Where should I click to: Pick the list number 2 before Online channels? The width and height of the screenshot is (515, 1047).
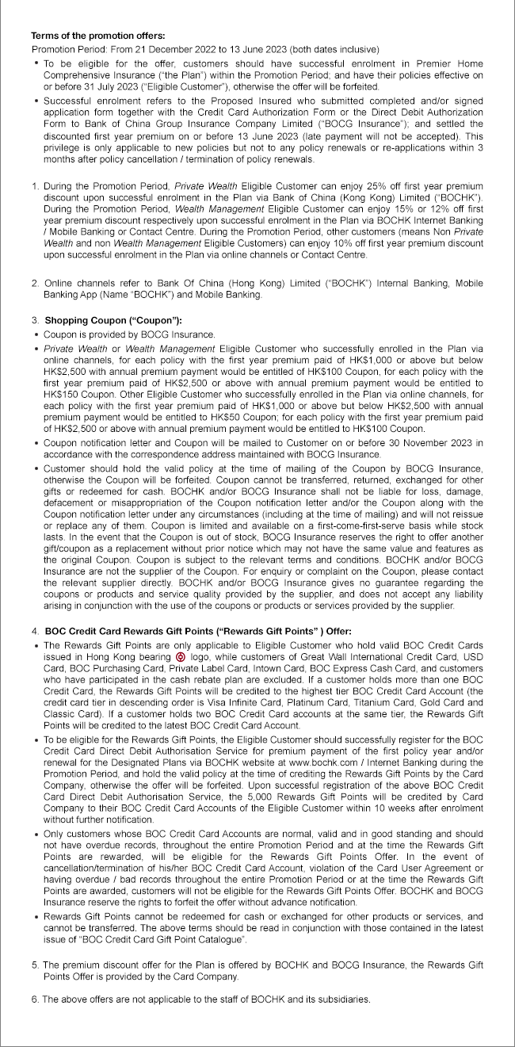pyautogui.click(x=34, y=283)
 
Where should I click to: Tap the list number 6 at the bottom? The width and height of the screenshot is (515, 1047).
pyautogui.click(x=34, y=999)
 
